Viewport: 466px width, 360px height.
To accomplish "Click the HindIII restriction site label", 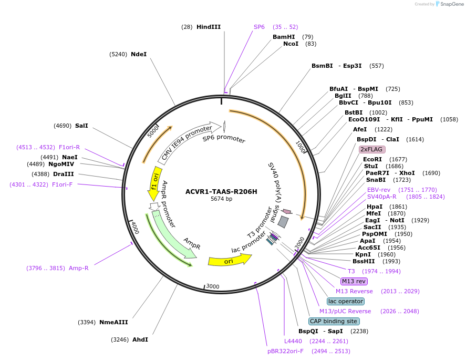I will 209,27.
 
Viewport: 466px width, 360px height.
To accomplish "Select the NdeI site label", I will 139,54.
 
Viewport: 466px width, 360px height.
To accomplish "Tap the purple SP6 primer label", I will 259,27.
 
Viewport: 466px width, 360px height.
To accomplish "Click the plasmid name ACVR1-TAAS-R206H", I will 221,191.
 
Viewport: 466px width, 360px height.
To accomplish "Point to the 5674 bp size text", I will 221,199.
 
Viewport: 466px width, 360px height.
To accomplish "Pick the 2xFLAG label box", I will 372,149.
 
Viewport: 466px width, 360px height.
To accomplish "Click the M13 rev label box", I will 354,281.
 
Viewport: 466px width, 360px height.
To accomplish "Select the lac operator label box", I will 345,301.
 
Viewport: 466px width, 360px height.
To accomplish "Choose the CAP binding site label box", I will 334,321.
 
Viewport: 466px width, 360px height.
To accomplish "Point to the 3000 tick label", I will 212,286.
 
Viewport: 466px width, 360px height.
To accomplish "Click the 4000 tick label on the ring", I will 135,228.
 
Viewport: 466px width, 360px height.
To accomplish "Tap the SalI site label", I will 81,126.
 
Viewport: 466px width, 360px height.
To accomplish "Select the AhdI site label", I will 140,340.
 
